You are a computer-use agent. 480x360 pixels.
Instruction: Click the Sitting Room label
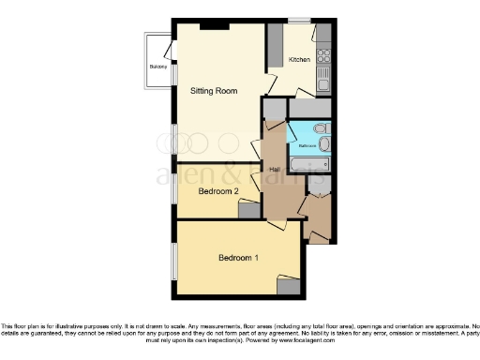click(x=213, y=91)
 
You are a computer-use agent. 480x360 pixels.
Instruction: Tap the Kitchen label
click(x=299, y=60)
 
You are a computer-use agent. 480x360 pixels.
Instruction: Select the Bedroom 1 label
click(x=239, y=258)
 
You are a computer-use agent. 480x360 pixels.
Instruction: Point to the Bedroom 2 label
click(x=217, y=191)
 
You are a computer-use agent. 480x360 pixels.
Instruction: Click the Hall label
click(x=274, y=170)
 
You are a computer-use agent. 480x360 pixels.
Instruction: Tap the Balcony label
click(x=157, y=67)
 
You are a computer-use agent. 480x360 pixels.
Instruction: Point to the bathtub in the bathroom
click(x=307, y=166)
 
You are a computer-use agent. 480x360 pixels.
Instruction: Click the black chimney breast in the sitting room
click(x=214, y=26)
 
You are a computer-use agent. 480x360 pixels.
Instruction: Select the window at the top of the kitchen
click(x=299, y=20)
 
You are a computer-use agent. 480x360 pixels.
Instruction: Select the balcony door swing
click(x=167, y=51)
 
